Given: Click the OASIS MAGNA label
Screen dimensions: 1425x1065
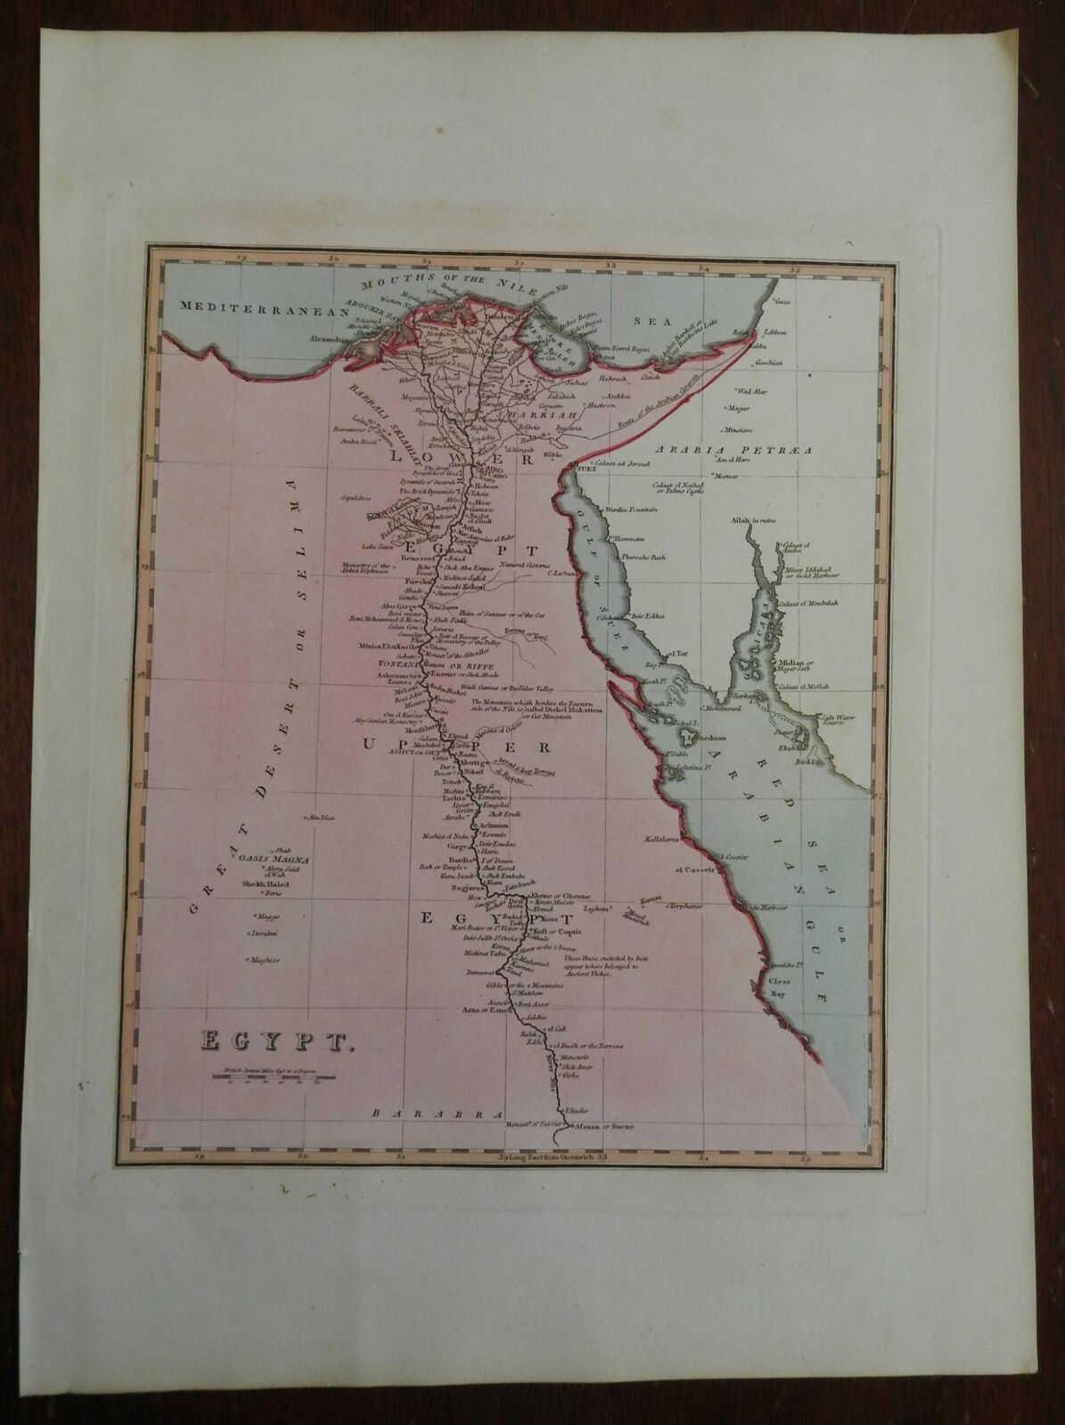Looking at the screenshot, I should [273, 859].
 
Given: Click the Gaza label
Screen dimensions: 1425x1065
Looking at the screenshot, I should [785, 303].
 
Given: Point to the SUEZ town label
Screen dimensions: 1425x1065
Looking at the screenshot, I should [585, 467].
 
